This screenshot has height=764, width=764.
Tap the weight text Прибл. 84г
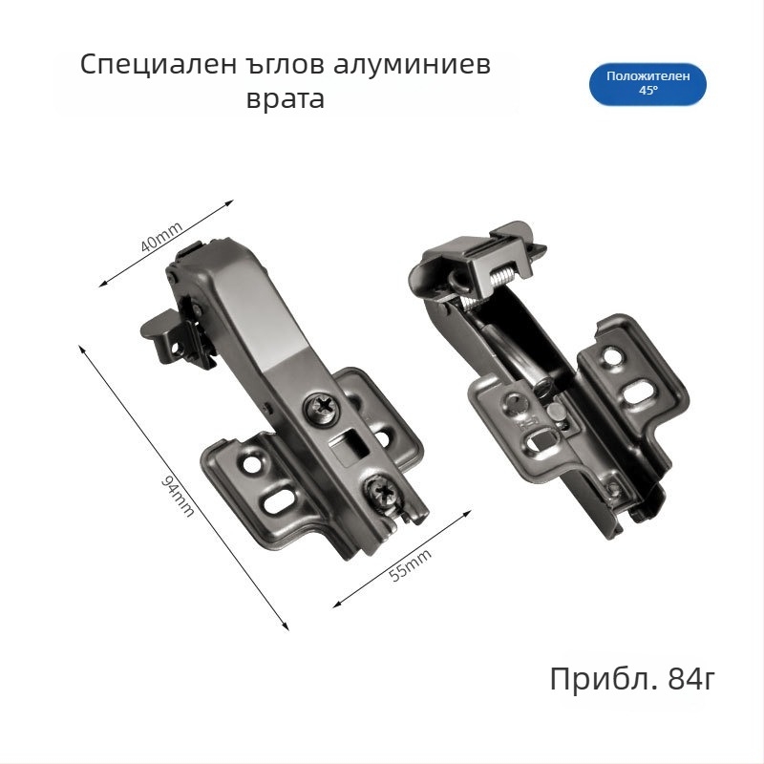coord(632,680)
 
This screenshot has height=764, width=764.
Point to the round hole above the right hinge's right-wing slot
coord(612,358)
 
